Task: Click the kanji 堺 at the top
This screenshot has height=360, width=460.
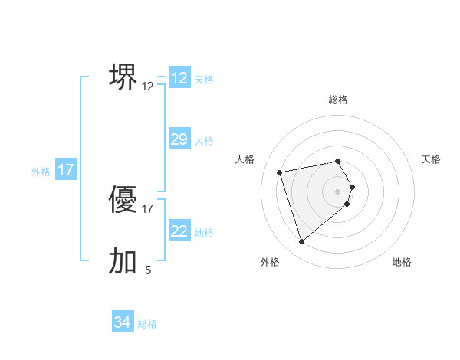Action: pyautogui.click(x=123, y=77)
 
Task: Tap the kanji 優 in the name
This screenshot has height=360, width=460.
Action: pyautogui.click(x=123, y=200)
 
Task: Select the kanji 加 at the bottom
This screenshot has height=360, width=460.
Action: pyautogui.click(x=123, y=260)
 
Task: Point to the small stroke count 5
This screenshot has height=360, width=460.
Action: pyautogui.click(x=148, y=270)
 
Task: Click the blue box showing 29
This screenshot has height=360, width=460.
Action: pyautogui.click(x=179, y=139)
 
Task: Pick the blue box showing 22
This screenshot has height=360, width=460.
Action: pyautogui.click(x=179, y=231)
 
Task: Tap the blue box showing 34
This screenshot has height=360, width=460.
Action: pyautogui.click(x=122, y=322)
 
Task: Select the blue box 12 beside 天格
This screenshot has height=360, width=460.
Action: pyautogui.click(x=179, y=78)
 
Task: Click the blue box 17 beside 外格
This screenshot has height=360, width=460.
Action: pyautogui.click(x=66, y=170)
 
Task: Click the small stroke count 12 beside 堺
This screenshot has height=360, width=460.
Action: pyautogui.click(x=148, y=87)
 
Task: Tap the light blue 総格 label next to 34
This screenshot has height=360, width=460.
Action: pyautogui.click(x=147, y=324)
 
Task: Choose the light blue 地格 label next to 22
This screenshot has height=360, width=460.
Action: pyautogui.click(x=204, y=232)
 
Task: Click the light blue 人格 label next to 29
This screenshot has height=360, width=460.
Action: pyautogui.click(x=204, y=140)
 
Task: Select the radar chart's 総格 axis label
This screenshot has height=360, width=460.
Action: pyautogui.click(x=338, y=100)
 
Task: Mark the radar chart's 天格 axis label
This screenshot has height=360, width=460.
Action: pyautogui.click(x=431, y=159)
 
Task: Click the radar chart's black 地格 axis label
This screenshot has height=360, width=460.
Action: pyautogui.click(x=402, y=262)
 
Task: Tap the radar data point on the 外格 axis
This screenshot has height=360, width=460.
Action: pyautogui.click(x=302, y=242)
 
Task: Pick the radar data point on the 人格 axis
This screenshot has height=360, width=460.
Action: pyautogui.click(x=280, y=172)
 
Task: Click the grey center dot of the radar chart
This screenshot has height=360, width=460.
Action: pyautogui.click(x=338, y=191)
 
